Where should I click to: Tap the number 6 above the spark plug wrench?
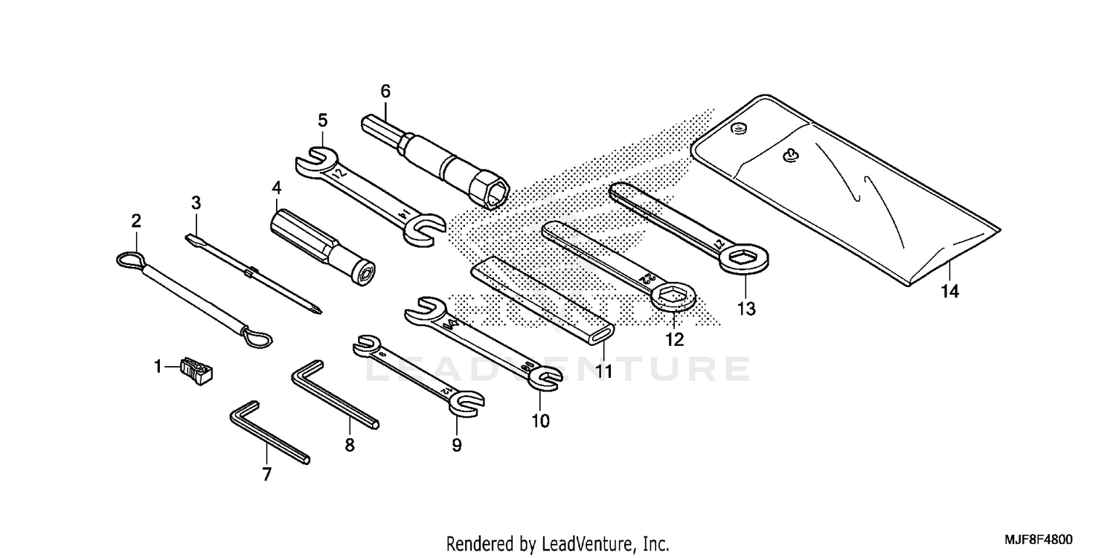point(385,92)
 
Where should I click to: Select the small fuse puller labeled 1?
point(196,370)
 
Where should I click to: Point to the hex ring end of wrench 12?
point(674,298)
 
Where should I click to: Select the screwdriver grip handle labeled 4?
point(312,241)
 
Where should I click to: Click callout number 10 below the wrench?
point(540,421)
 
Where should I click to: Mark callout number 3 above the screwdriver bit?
point(196,202)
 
